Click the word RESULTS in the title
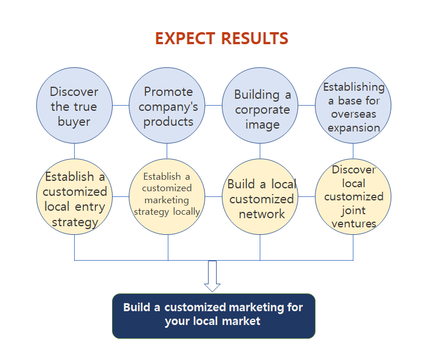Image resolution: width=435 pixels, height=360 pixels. click(255, 38)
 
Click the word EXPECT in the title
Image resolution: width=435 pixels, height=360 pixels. click(185, 38)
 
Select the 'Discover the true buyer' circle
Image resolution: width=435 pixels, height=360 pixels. click(74, 105)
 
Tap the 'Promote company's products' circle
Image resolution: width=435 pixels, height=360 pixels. click(167, 105)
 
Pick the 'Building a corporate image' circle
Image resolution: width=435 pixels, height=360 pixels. click(260, 105)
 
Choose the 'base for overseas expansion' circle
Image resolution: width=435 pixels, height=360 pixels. click(353, 105)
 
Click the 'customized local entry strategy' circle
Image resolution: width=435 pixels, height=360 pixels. click(74, 197)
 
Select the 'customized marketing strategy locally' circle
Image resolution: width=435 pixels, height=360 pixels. click(167, 197)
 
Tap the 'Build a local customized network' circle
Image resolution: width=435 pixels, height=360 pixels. click(260, 197)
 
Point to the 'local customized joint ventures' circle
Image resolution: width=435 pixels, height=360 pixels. click(353, 197)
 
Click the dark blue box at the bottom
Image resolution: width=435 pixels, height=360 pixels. click(214, 316)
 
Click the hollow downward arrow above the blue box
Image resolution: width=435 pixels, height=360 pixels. click(212, 276)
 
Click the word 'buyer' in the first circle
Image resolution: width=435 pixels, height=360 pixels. click(74, 122)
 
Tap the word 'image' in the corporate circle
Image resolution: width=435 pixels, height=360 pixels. click(263, 125)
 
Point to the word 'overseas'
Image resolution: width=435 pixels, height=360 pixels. click(353, 114)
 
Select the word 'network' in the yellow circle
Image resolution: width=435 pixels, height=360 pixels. click(262, 214)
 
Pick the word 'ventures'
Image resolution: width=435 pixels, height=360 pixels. click(354, 224)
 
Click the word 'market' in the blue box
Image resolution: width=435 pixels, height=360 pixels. click(241, 321)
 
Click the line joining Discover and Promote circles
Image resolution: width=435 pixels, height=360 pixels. click(121, 105)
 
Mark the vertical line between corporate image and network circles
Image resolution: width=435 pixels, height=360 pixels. click(260, 151)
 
